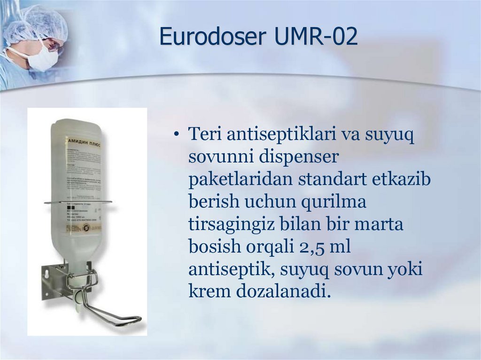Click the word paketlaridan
pos(234,180)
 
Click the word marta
pos(378,225)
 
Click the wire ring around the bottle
pos(78,202)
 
